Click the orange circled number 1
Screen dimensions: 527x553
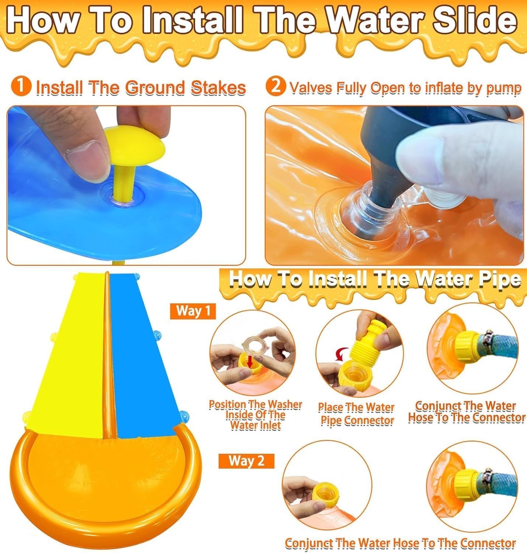[x=21, y=87]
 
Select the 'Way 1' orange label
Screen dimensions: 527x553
[x=193, y=311]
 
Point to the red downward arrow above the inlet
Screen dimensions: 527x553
[x=249, y=364]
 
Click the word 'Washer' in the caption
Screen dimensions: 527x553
[x=284, y=405]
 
